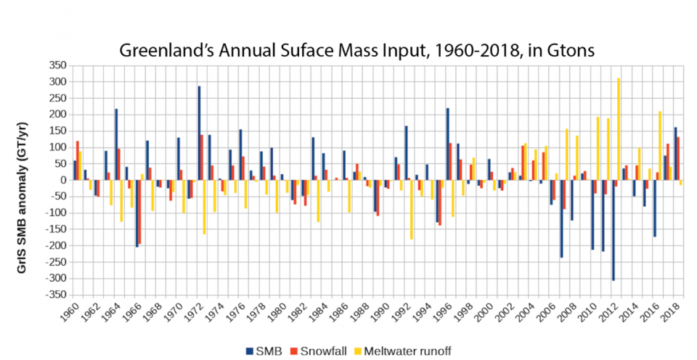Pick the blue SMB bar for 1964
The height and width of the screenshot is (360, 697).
tap(116, 145)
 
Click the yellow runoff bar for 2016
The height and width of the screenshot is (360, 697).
tap(660, 146)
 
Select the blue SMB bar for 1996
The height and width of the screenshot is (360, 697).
tap(448, 144)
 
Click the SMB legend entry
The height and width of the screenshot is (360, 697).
tap(266, 351)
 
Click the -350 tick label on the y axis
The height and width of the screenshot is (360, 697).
tap(57, 295)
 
